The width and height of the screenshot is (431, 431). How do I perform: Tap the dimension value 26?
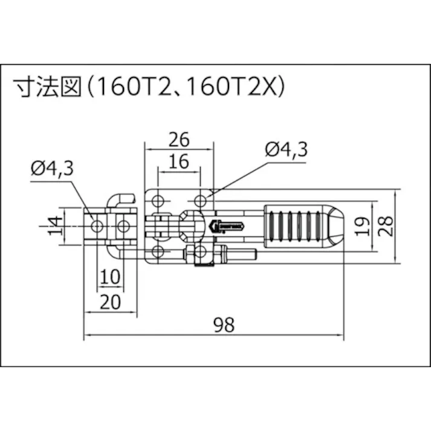(x=180, y=140)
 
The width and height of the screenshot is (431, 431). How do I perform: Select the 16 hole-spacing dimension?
(x=180, y=161)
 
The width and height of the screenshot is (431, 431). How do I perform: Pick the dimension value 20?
(x=109, y=300)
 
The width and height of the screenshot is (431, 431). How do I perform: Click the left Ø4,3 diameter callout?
(x=53, y=168)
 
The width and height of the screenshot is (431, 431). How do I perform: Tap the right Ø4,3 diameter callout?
(x=287, y=148)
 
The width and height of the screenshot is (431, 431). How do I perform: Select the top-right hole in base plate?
(x=200, y=199)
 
